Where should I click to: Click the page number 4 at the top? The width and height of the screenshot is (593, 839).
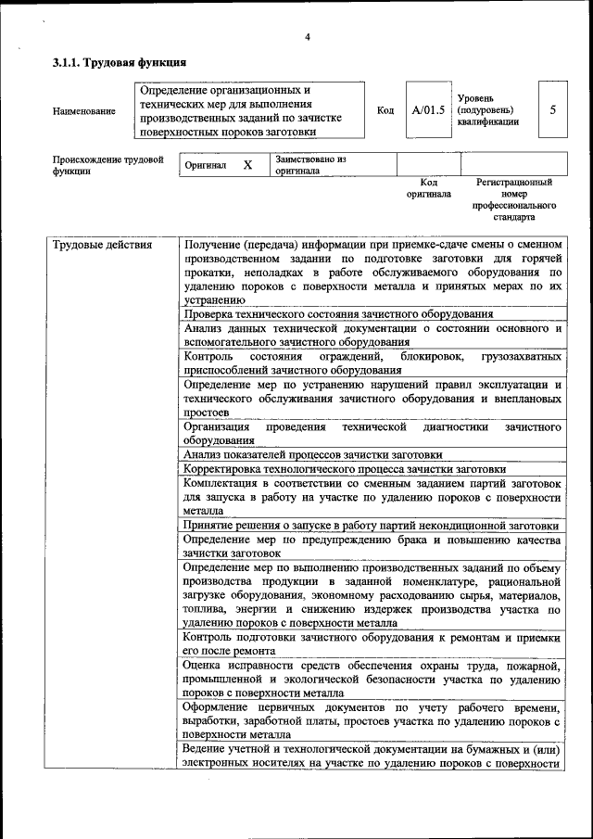coord(307,38)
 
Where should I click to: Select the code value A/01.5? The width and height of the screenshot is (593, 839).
coord(428,110)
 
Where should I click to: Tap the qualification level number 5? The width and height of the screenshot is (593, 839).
coord(552,109)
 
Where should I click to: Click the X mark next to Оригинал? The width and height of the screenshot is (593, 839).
coord(247,165)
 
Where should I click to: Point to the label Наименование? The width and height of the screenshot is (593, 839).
coord(84,111)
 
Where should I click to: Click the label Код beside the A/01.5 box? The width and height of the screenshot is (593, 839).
coord(385,110)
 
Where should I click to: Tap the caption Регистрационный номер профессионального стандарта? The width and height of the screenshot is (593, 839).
coord(513,200)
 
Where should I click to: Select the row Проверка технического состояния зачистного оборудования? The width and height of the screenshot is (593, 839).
coord(338,314)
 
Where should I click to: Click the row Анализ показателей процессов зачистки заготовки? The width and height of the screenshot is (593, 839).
coord(312,454)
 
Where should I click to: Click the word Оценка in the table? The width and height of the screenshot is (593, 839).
coord(204,665)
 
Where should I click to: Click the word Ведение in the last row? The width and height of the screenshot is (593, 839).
coord(206,749)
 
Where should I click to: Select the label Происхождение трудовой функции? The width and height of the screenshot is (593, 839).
coord(101,165)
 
